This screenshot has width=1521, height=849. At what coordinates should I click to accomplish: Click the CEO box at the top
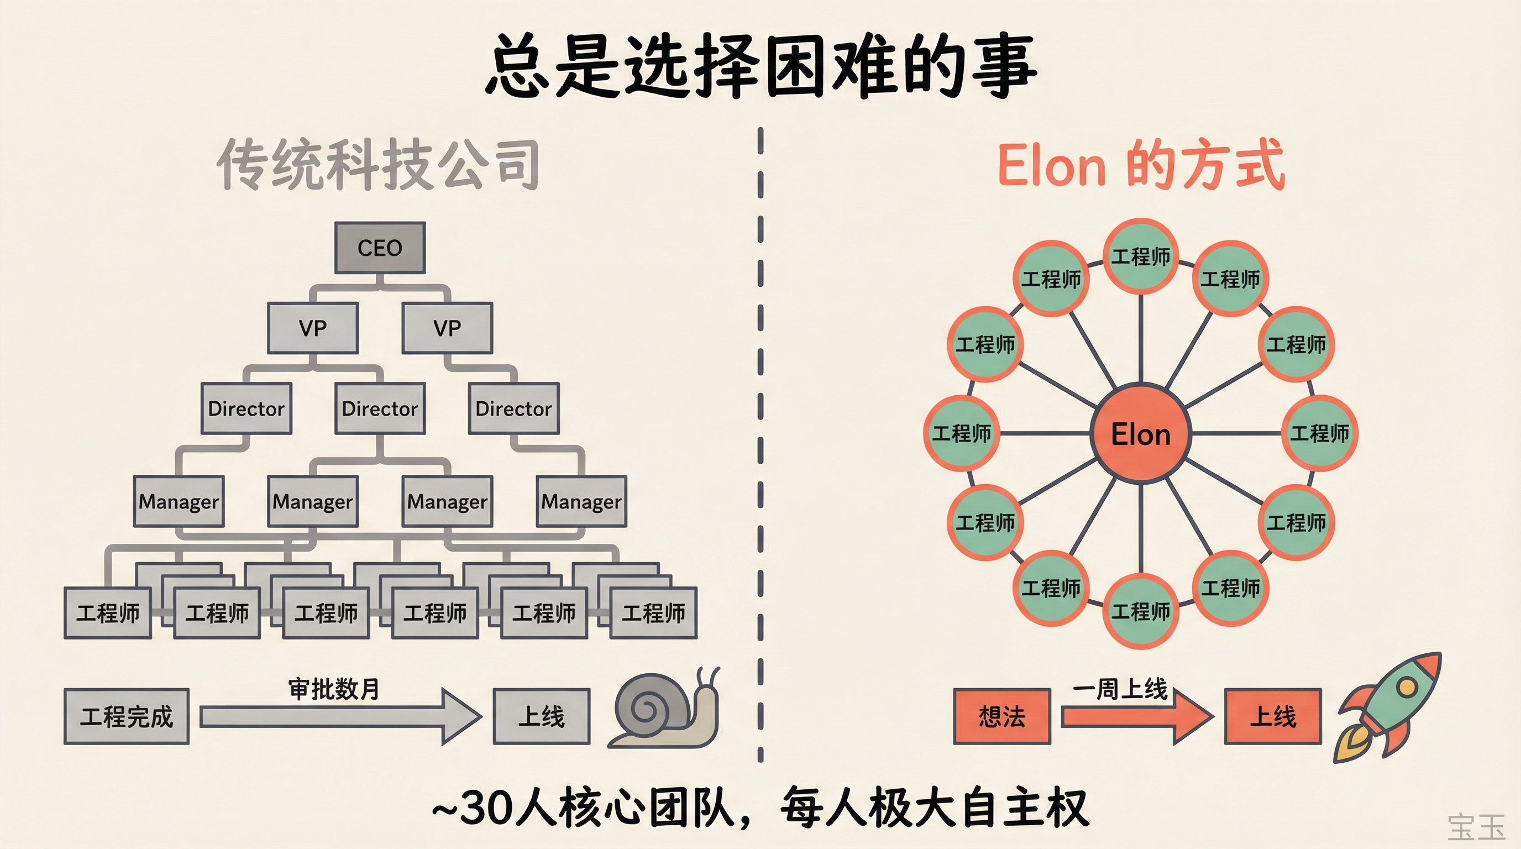tap(380, 248)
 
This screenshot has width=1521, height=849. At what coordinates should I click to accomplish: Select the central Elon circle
tap(1140, 434)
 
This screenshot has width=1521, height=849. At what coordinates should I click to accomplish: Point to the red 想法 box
tap(1002, 716)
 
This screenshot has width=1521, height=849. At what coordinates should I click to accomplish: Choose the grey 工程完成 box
tap(127, 716)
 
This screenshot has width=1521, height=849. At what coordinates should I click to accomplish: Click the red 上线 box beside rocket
tap(1272, 716)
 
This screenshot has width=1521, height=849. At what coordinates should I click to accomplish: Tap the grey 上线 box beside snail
tap(542, 716)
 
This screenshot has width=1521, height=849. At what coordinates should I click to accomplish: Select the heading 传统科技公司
tap(378, 164)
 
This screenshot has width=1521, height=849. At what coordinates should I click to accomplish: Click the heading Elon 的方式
tap(1140, 164)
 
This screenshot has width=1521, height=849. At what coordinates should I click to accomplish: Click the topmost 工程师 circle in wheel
tap(1140, 256)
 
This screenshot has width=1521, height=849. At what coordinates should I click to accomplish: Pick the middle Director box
tap(380, 408)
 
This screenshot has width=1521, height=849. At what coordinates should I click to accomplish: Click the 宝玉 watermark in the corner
tap(1476, 826)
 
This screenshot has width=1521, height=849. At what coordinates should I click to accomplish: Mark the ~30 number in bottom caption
tap(473, 808)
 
